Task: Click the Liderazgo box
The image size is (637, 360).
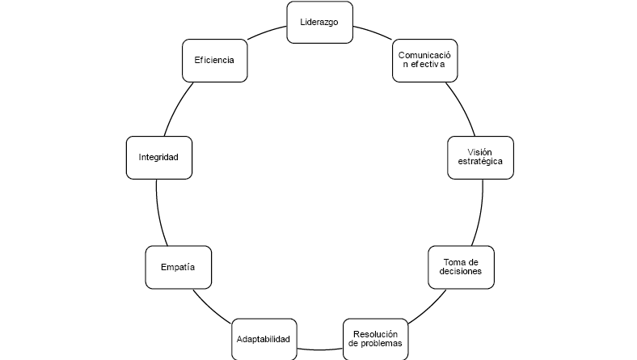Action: click(319, 22)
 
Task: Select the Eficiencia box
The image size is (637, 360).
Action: click(214, 61)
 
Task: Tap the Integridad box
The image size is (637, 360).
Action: click(158, 157)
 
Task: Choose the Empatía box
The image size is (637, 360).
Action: click(178, 267)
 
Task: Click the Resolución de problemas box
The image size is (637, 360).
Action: click(375, 338)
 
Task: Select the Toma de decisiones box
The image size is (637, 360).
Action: click(461, 266)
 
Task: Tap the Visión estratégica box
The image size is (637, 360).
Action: click(480, 157)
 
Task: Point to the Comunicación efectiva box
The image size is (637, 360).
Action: click(424, 61)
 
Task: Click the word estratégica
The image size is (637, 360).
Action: click(480, 162)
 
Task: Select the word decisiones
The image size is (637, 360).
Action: click(461, 272)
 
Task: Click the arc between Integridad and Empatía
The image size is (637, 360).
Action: click(158, 212)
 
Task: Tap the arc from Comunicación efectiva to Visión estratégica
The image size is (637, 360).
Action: click(462, 107)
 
